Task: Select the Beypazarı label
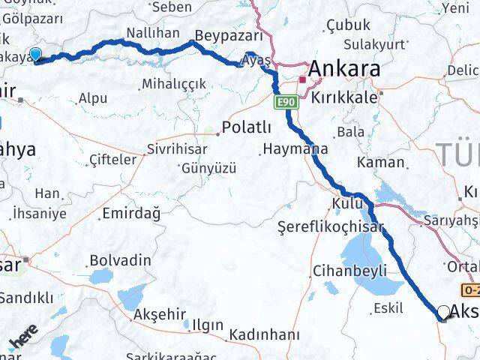[229, 35]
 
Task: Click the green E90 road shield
[284, 102]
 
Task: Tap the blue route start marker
[35, 54]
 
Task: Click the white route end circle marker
[444, 312]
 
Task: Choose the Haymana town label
[295, 149]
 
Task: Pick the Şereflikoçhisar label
[330, 226]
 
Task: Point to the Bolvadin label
[120, 260]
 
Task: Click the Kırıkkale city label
[347, 98]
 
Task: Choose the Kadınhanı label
[265, 334]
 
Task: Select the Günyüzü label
[208, 168]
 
